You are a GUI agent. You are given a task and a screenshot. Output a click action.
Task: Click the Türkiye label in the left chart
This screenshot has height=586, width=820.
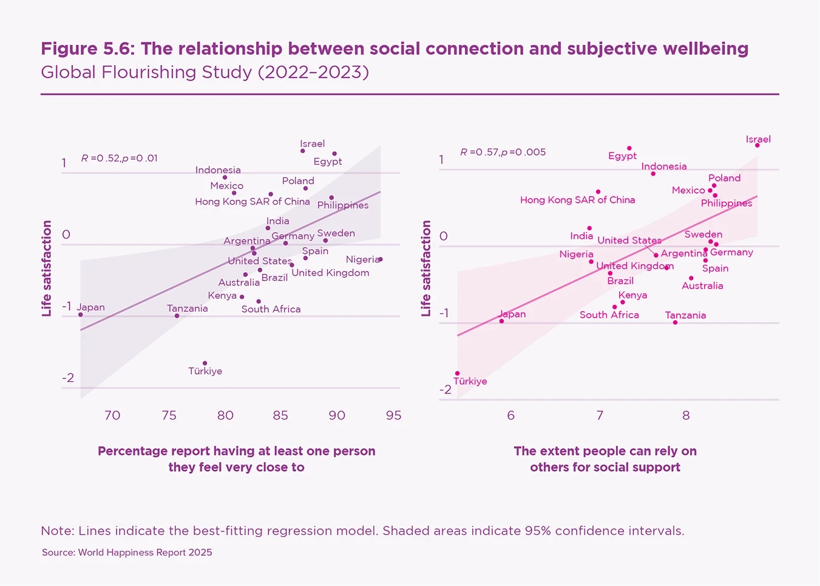click(x=205, y=371)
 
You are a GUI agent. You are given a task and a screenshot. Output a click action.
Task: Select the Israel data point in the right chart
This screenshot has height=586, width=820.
click(x=757, y=145)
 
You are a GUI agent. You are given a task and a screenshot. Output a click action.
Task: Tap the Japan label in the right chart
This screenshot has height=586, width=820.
click(x=512, y=314)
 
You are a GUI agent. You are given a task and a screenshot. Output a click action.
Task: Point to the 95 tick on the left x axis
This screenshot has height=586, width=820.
click(x=393, y=415)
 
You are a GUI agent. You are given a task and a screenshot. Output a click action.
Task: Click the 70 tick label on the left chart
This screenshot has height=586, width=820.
click(x=112, y=415)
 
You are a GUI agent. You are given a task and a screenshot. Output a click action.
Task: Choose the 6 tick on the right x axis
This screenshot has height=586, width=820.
click(x=510, y=415)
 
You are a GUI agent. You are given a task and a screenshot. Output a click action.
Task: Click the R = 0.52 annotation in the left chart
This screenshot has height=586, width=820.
click(x=120, y=158)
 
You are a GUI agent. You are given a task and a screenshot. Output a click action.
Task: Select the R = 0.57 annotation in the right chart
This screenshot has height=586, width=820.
click(x=503, y=152)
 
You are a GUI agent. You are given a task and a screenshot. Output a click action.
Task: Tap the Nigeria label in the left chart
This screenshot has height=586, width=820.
click(x=362, y=259)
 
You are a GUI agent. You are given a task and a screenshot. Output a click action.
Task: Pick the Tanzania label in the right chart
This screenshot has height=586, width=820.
click(x=685, y=315)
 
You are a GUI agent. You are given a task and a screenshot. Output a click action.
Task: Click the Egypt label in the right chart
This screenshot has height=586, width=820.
click(x=622, y=156)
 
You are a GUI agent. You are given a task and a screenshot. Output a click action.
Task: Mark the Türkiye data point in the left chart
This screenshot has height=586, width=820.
click(x=205, y=363)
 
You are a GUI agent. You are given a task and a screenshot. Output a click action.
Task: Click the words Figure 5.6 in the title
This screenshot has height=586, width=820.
click(x=87, y=49)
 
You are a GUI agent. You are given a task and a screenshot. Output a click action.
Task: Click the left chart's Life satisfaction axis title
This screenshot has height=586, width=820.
click(x=47, y=268)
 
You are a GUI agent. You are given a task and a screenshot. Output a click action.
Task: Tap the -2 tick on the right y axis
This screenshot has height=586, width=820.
click(x=446, y=389)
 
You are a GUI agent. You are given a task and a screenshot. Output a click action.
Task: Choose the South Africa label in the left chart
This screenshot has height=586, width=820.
click(x=271, y=309)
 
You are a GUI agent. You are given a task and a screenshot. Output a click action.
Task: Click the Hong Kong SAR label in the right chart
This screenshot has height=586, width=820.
click(x=577, y=200)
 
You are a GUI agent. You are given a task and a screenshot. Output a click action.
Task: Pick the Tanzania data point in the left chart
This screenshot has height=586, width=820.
click(x=177, y=316)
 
